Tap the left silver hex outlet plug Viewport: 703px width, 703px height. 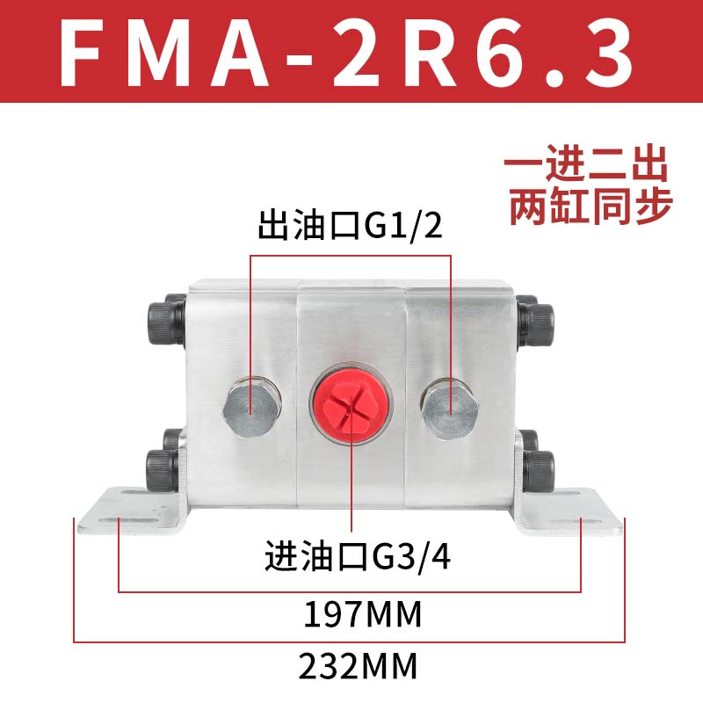pos(252,406)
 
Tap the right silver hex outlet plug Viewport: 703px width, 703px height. pos(450,407)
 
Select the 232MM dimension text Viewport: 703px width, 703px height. pos(357,665)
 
